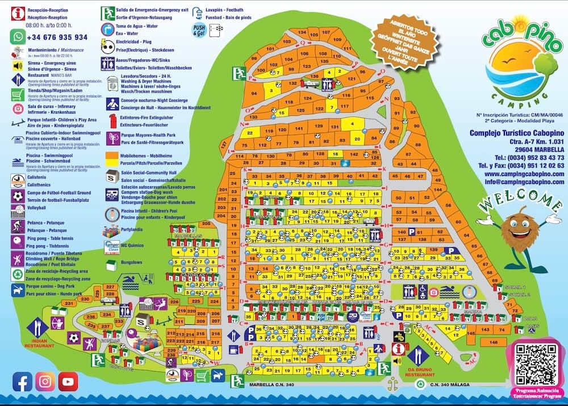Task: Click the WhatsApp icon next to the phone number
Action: click(17, 37)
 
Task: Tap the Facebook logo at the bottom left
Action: click(22, 382)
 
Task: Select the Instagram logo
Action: click(45, 382)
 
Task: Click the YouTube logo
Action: click(68, 382)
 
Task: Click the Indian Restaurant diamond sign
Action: click(38, 328)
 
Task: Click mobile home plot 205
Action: click(206, 224)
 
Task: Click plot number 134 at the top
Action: click(302, 33)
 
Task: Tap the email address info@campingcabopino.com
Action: click(517, 182)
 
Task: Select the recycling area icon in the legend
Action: click(18, 274)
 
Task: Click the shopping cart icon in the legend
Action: click(18, 94)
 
